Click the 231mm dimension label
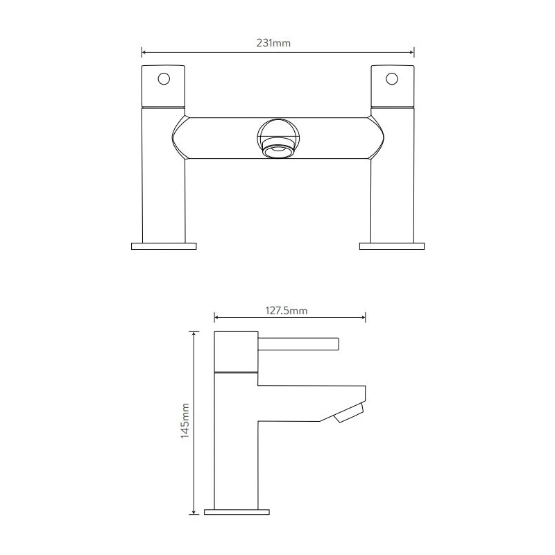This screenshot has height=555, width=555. [273, 43]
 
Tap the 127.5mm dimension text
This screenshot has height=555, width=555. [287, 311]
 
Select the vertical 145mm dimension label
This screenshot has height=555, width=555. [185, 421]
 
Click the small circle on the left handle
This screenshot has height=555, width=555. [164, 78]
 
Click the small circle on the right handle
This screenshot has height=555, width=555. [392, 78]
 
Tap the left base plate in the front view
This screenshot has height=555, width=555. [164, 246]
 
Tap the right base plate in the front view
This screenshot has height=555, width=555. [392, 246]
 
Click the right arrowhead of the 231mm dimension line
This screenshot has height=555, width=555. [411, 53]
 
